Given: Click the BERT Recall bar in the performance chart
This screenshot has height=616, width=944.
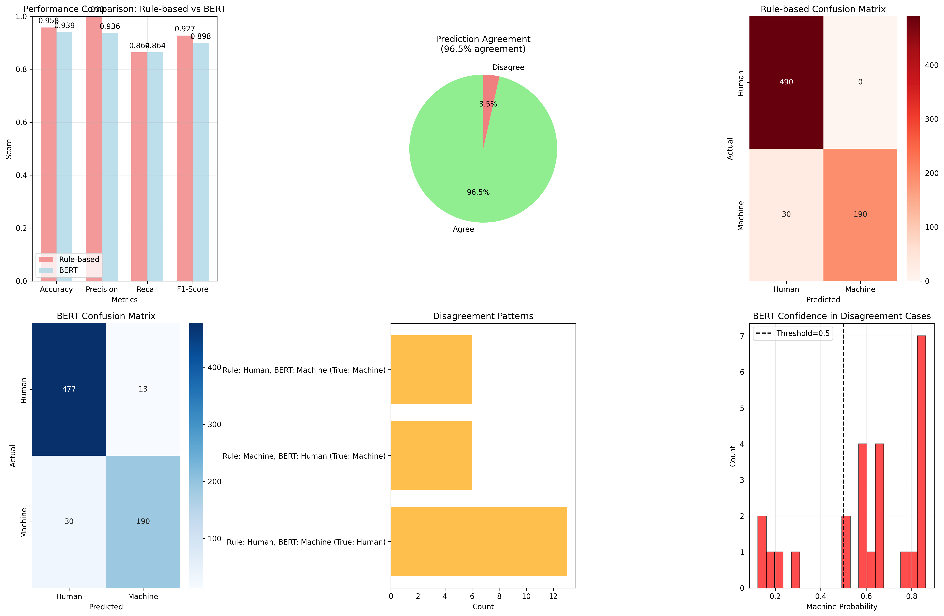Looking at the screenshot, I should pos(155,167).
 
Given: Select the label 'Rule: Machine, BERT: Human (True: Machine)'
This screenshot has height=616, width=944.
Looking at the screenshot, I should pos(304,456).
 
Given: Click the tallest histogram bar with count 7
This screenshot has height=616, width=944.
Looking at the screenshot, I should pos(921,460).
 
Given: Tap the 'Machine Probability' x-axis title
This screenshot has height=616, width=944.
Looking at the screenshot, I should pos(841,607).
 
